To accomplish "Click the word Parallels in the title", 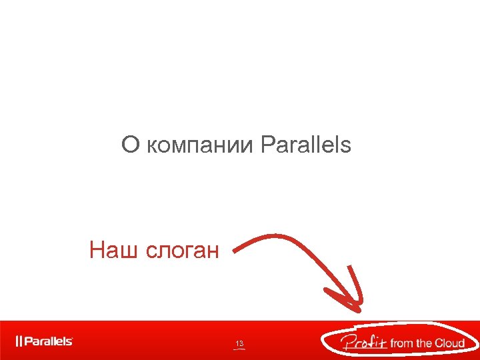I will pos(306,145).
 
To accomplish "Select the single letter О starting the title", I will pos(129,145).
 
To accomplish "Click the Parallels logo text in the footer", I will pos(49,341).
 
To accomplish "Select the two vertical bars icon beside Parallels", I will pos(19,341).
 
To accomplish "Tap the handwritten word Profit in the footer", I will pos(363,343).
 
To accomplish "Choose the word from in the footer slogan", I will pos(401,343).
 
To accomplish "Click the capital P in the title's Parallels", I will pos(267,145).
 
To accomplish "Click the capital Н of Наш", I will pos(96,250).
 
